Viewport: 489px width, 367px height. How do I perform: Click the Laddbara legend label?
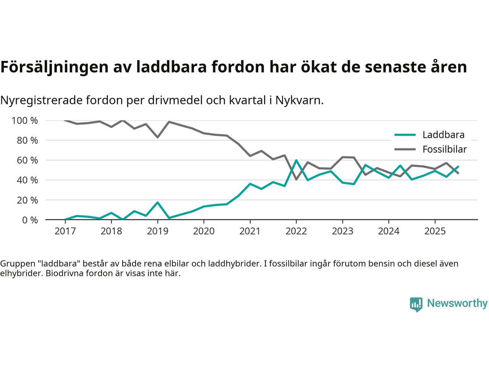pos(443,135)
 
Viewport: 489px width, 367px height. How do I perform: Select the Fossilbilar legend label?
pos(444,149)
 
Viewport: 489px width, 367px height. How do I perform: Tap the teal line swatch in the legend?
pos(405,135)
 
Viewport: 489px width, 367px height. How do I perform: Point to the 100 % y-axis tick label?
pos(25,121)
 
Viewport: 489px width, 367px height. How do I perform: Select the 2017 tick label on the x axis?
pos(65,231)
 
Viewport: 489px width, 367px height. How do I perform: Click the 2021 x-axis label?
pos(250,231)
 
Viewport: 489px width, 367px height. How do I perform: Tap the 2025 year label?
pos(435,231)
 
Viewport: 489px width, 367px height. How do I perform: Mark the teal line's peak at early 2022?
pos(296,160)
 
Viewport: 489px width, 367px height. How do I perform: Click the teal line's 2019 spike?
pos(157,202)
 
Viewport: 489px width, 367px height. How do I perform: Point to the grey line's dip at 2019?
pos(157,137)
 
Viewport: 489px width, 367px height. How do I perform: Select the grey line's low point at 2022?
pos(296,179)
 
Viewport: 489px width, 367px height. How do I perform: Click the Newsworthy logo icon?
pos(416,304)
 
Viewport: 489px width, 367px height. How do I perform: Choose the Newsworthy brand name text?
pos(457,303)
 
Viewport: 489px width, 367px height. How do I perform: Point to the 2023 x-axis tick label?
pos(342,231)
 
